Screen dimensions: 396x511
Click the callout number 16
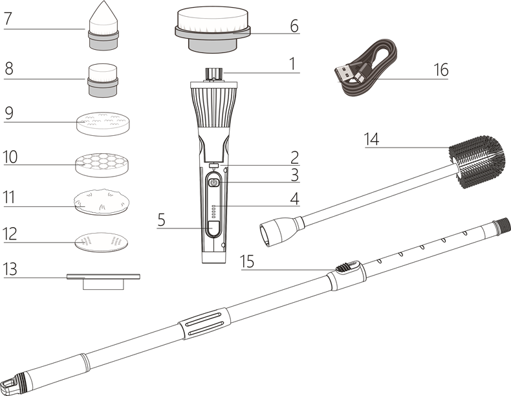coord(440,69)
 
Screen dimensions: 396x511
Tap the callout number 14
coord(371,139)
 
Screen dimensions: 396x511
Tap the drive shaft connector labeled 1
coord(213,71)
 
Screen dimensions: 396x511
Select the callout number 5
coord(161,220)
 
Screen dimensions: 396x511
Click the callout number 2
coord(294,157)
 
